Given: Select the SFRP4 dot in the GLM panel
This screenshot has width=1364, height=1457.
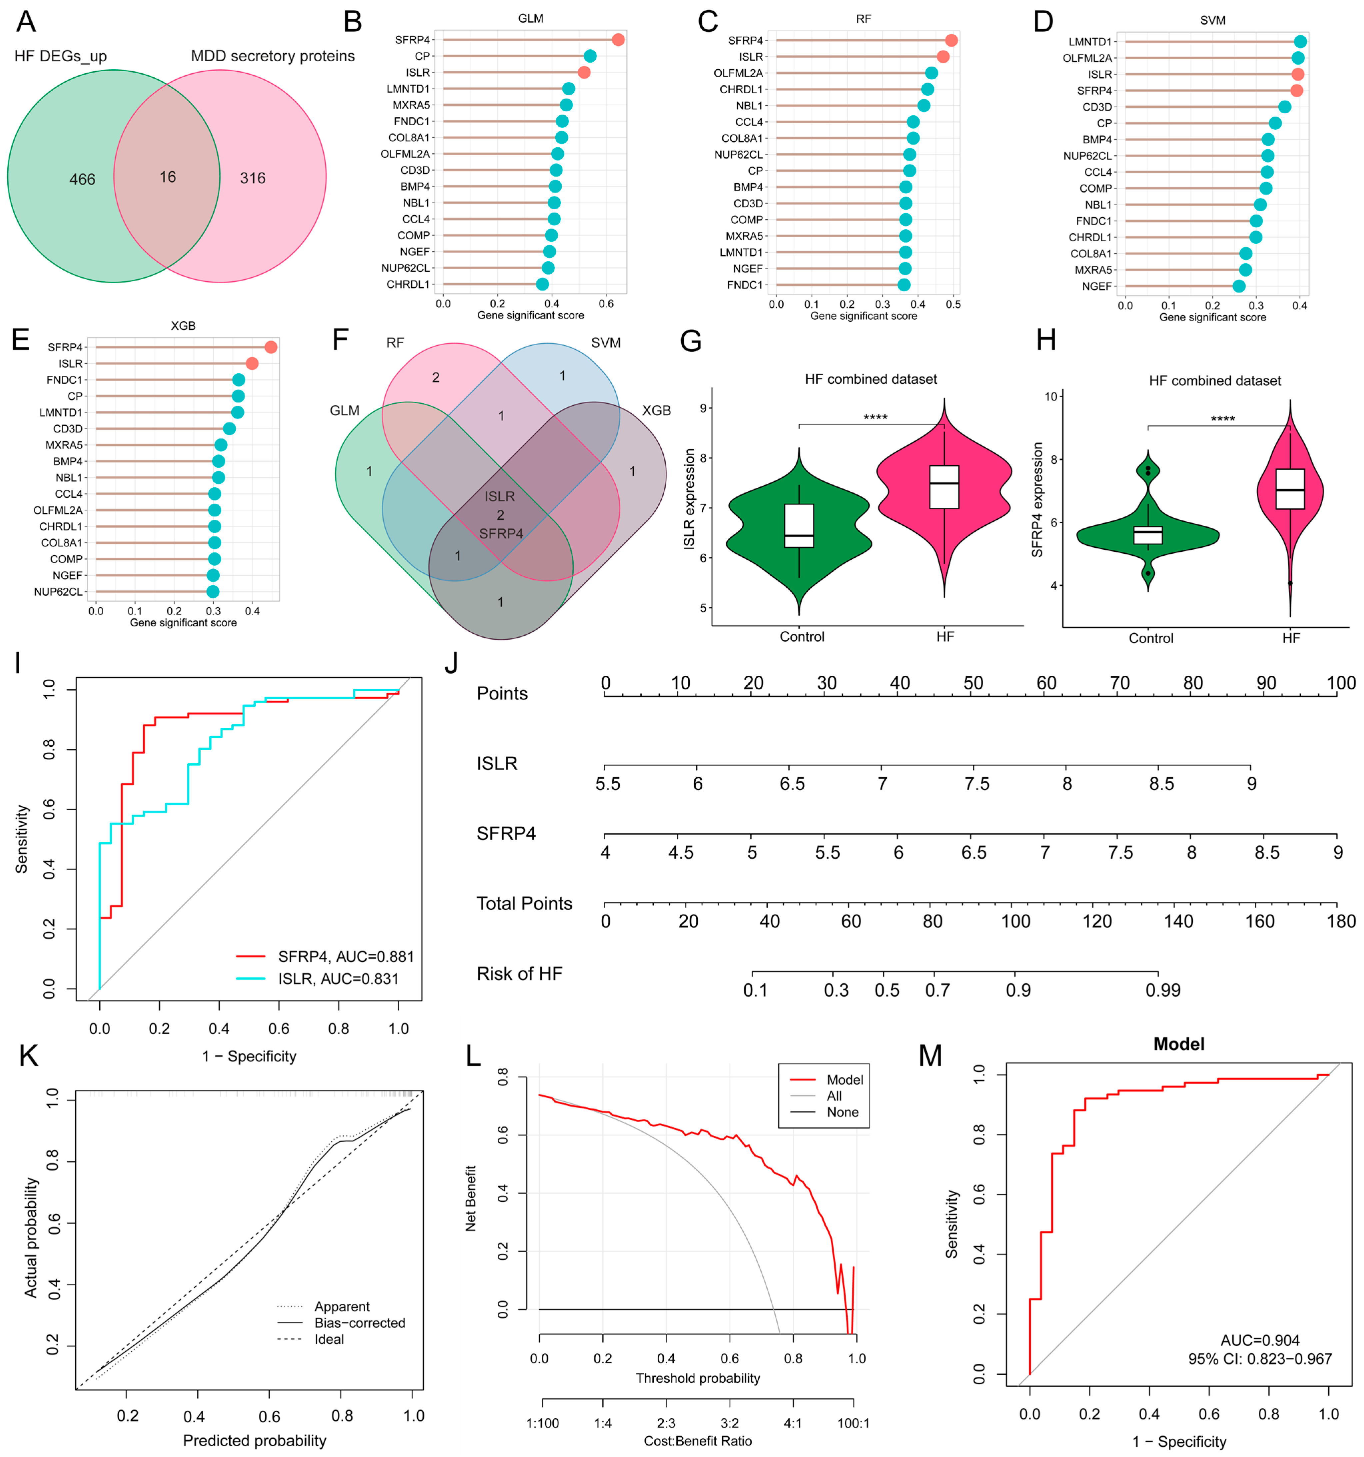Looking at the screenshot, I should point(618,40).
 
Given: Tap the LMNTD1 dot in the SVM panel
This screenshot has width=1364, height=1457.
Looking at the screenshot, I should point(1299,42).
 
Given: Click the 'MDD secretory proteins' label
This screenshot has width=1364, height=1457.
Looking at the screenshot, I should point(273,56).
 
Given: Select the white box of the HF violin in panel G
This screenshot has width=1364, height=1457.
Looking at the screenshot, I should point(944,487).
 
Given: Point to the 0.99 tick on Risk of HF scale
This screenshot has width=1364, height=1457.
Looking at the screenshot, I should point(1162,990).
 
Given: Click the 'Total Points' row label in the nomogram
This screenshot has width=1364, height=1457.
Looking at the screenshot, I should point(524,904).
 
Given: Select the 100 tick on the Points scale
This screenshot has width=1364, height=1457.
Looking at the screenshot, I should point(1341,683).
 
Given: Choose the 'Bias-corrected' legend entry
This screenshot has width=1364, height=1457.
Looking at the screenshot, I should point(359,1323).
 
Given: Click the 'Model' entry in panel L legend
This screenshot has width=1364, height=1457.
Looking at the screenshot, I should point(844,1080).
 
